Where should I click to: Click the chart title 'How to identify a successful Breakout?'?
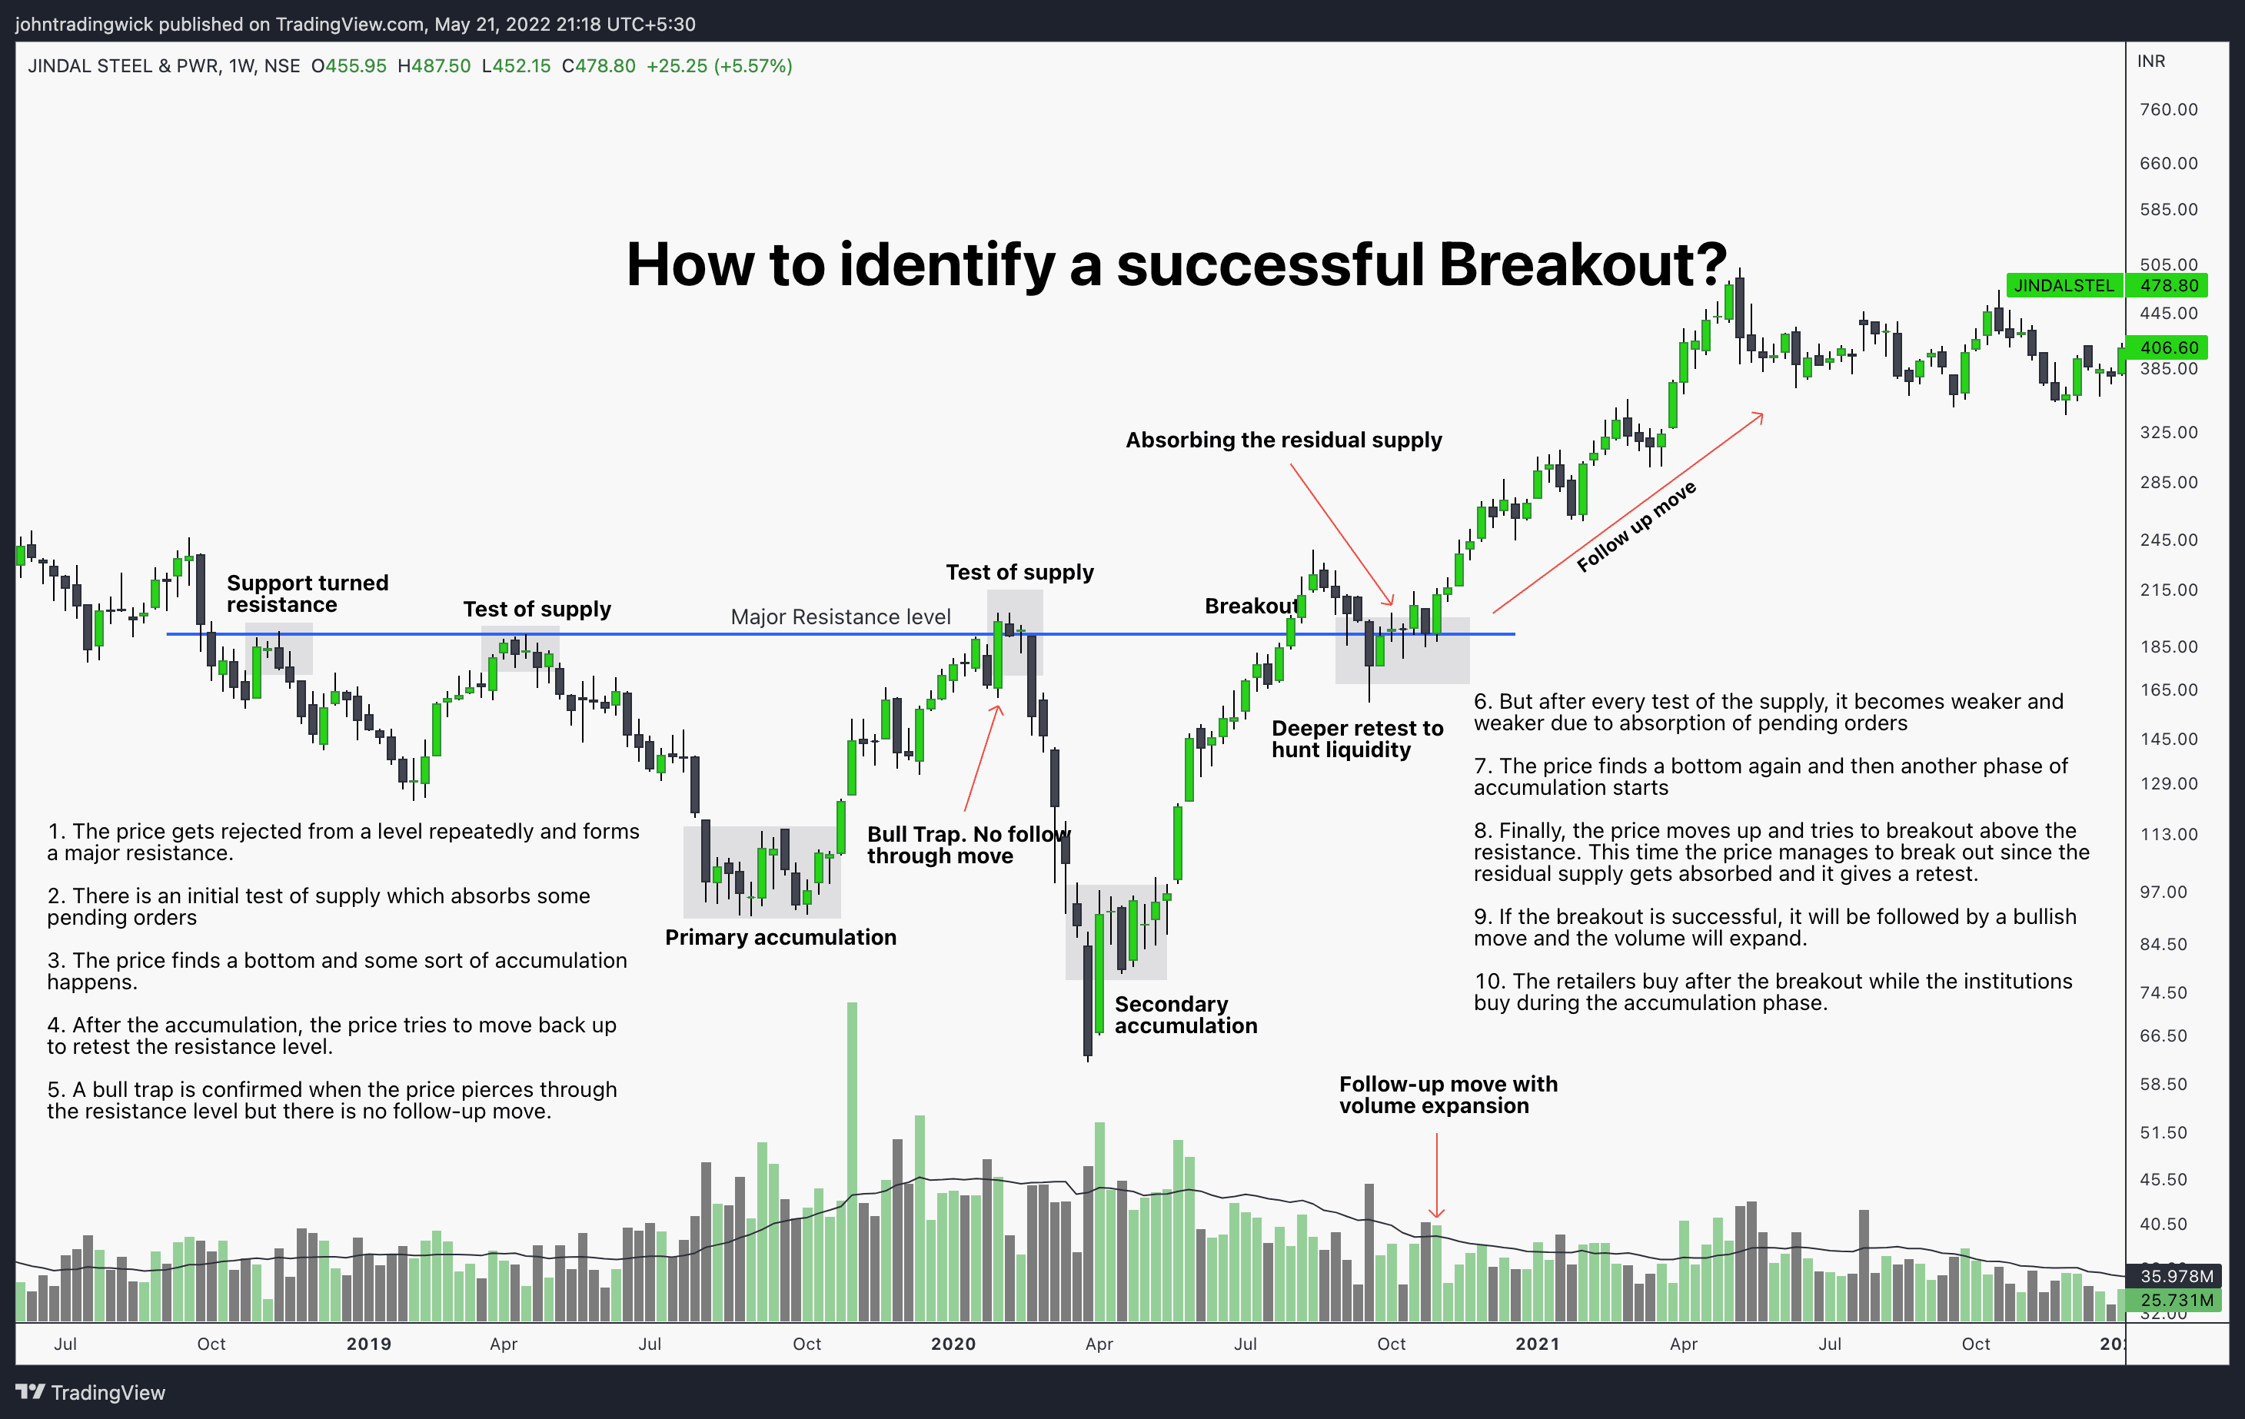click(x=1176, y=264)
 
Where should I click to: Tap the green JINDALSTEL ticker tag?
click(x=2064, y=285)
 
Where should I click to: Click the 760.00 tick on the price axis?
click(x=2169, y=109)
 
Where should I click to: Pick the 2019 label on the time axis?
click(x=368, y=1344)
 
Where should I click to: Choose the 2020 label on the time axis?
click(x=953, y=1344)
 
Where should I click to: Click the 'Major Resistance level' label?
click(x=841, y=617)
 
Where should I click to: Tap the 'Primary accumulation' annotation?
click(x=780, y=937)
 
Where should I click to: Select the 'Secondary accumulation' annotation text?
click(x=1186, y=1015)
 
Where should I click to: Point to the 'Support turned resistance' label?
click(x=308, y=594)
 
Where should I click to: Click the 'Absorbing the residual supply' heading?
click(x=1284, y=440)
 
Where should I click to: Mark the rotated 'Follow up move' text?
click(x=1636, y=527)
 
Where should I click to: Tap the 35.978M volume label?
click(x=2176, y=1275)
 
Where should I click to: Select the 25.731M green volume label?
click(x=2176, y=1300)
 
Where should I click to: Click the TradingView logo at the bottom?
click(x=91, y=1392)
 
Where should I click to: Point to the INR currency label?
click(x=2151, y=61)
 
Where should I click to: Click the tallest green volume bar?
click(x=852, y=1161)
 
